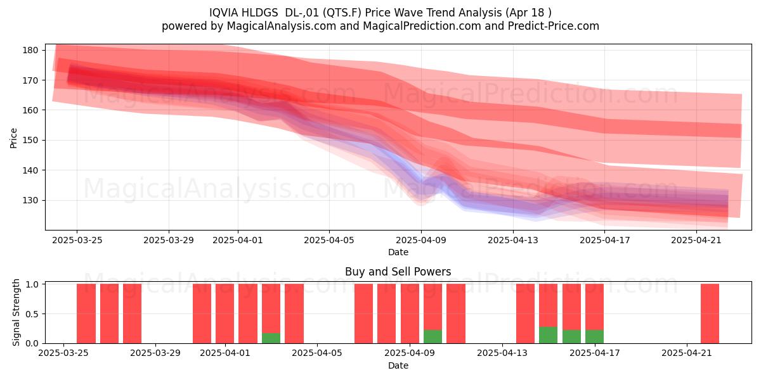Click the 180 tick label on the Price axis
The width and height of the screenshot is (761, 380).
click(30, 50)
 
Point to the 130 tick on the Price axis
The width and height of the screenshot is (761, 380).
click(30, 201)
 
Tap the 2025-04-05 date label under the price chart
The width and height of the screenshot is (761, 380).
click(329, 240)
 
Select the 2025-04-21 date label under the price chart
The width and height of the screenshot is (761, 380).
click(696, 240)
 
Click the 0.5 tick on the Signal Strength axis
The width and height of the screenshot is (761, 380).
click(32, 314)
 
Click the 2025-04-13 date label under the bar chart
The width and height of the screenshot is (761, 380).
click(502, 353)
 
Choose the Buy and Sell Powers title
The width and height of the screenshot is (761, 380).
click(398, 272)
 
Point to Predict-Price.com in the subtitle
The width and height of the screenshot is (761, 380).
click(554, 26)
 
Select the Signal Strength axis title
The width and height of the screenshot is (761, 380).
click(16, 312)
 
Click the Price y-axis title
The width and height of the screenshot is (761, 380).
click(13, 138)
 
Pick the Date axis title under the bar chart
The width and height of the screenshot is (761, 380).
click(398, 365)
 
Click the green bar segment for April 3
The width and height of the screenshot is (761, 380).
click(271, 338)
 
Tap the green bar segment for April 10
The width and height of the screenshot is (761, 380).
click(433, 336)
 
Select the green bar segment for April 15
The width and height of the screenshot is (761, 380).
click(549, 335)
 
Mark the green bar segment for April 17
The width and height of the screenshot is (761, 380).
click(595, 336)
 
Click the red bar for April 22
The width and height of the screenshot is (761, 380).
click(710, 313)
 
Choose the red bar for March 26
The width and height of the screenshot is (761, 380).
click(86, 313)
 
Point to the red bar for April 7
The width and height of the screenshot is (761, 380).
click(363, 313)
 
